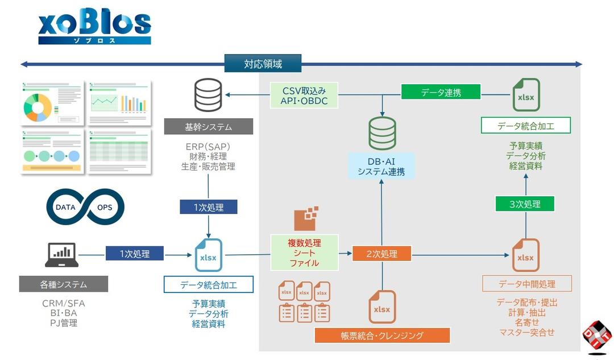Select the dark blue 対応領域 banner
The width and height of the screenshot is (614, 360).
point(263,64)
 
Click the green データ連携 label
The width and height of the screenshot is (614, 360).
point(441,92)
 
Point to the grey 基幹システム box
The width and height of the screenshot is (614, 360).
point(208,127)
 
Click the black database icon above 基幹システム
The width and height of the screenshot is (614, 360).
point(208,96)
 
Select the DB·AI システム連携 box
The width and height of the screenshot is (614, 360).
point(381,166)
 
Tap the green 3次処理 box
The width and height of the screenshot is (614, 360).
point(525,204)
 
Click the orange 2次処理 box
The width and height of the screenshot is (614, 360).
point(381,254)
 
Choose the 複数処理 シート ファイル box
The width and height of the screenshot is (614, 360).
point(304,252)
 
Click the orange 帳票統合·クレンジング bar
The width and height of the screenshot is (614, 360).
point(382,336)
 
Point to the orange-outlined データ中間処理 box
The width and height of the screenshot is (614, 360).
point(526,283)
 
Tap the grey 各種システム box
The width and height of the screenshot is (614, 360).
point(63,284)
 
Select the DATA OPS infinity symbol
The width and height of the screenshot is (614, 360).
point(85,207)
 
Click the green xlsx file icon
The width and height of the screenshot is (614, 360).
point(526,95)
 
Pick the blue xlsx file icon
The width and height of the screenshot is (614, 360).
point(209,255)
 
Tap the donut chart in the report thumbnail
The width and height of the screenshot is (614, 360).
point(38,106)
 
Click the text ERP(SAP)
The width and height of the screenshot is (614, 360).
point(208,146)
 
